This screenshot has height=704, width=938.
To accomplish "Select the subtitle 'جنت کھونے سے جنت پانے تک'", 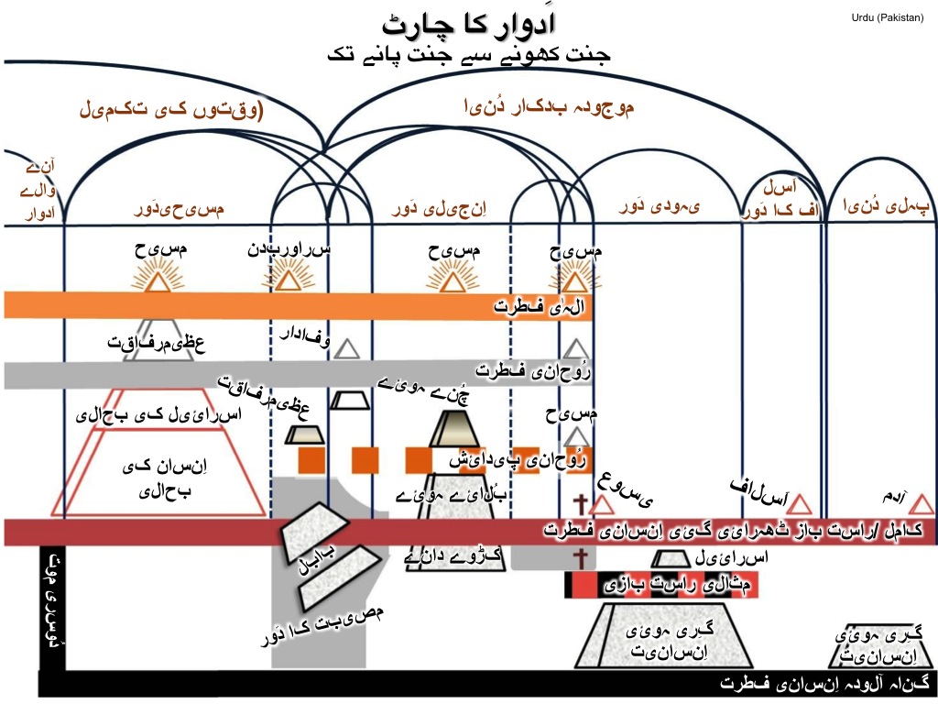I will (468, 54).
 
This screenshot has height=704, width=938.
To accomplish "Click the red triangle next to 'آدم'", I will (922, 504).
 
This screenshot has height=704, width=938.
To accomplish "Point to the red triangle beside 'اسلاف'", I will (800, 504).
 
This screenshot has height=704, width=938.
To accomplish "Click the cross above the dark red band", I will (579, 503).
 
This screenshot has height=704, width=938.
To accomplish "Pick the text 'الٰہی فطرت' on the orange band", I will (540, 305).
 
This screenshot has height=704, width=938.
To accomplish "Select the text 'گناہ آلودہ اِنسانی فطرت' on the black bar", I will (823, 684).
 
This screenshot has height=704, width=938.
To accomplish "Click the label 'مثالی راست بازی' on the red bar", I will (660, 583).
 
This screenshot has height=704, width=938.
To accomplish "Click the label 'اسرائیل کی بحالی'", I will (161, 415).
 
